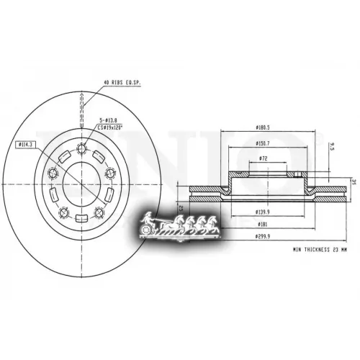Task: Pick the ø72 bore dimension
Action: click(264, 158)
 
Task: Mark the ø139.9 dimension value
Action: click(264, 212)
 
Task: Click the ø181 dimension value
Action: click(264, 225)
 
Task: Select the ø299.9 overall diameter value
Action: click(264, 237)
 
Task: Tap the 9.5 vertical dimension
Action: click(332, 147)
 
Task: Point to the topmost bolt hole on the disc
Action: click(81, 150)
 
